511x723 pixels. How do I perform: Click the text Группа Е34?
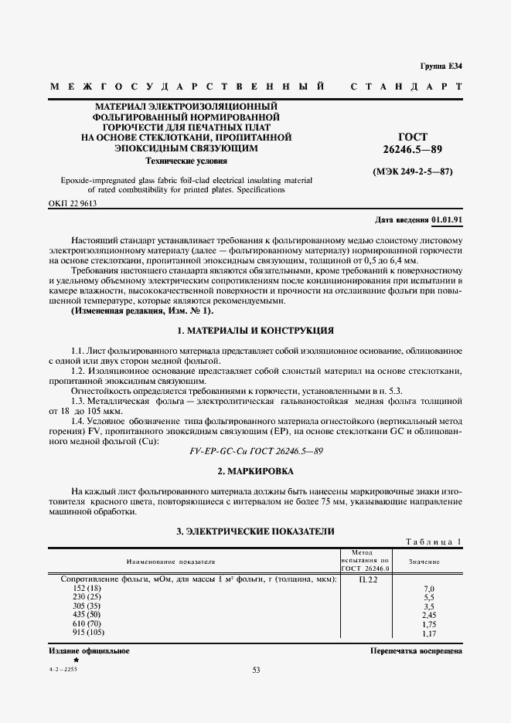click(x=441, y=66)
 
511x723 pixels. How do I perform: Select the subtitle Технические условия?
click(x=187, y=161)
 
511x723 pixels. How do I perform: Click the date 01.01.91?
click(x=448, y=220)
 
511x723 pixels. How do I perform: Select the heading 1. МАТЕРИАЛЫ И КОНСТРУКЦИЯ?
click(x=255, y=331)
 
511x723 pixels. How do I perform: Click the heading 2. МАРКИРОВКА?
click(x=255, y=470)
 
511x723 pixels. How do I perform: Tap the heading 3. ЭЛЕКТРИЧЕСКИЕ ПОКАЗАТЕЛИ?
click(x=255, y=531)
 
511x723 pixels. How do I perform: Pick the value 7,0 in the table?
click(x=429, y=589)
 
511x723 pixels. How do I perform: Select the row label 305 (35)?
click(x=86, y=606)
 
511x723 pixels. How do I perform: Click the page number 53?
click(x=256, y=670)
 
